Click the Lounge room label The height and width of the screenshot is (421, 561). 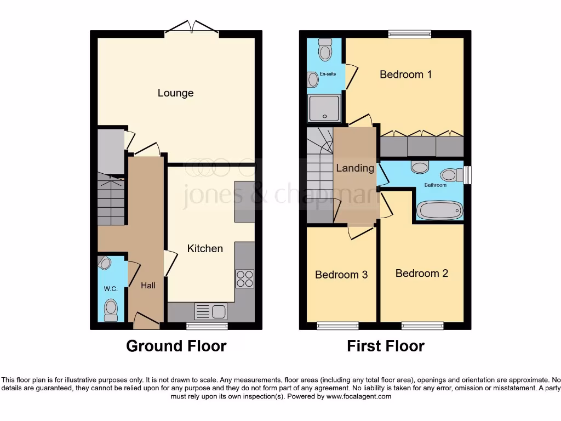[175, 93]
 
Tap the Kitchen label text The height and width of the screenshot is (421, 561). [205, 248]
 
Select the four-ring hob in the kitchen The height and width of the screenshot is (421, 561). [244, 278]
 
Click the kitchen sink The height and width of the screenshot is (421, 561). [211, 311]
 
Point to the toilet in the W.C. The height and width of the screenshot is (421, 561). [111, 309]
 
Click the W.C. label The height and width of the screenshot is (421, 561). [111, 289]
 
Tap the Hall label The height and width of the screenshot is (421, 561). [148, 285]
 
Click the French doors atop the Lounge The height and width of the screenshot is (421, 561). [192, 27]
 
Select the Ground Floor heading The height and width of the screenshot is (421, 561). [176, 346]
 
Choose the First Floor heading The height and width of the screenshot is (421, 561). [385, 346]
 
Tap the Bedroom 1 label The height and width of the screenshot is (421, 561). [405, 74]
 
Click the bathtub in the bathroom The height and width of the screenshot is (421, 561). [440, 210]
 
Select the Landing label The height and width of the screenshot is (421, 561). [355, 168]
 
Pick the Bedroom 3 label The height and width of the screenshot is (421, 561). [341, 274]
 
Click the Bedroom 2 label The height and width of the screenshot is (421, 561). [421, 273]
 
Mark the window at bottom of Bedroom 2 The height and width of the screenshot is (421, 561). [422, 326]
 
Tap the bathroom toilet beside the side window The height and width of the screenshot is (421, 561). [450, 174]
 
